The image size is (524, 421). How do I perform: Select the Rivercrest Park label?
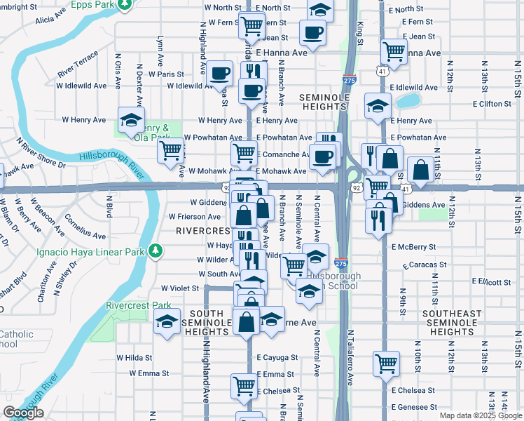[x=138, y=305]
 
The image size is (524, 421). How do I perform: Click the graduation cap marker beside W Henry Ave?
[x=131, y=120]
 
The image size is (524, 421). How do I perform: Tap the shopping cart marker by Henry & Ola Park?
[x=171, y=150]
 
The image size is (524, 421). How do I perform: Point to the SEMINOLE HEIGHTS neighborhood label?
[x=323, y=101]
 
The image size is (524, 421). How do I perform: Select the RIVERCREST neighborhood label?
[x=202, y=231]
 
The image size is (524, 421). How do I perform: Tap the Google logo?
[x=23, y=413]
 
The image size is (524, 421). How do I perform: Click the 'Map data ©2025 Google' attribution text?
[x=481, y=415]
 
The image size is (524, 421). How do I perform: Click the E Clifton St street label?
[x=497, y=104]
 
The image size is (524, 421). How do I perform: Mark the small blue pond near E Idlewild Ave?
[x=405, y=100]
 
